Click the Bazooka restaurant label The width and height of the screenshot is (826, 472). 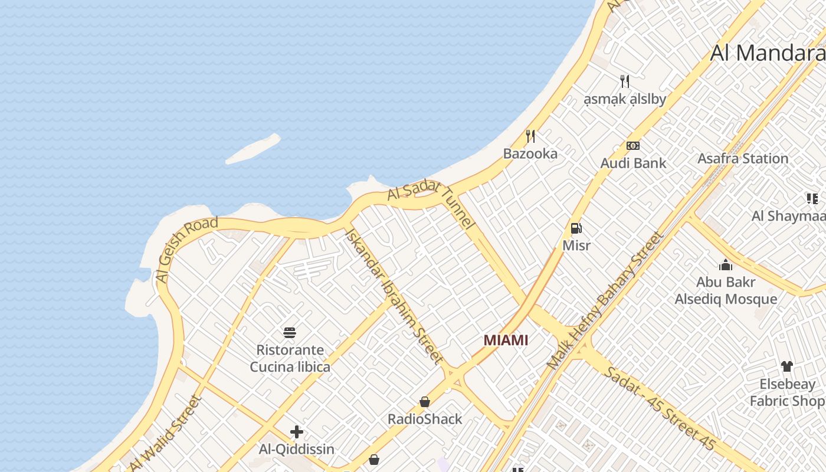pos(530,154)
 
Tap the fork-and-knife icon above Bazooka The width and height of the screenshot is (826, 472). pos(530,136)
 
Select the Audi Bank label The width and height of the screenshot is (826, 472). pos(633,163)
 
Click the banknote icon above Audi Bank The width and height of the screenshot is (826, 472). pos(633,146)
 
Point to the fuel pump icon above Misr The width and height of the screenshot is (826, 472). pos(576,228)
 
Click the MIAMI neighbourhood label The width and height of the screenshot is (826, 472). pos(506,340)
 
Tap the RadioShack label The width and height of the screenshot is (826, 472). pos(425,419)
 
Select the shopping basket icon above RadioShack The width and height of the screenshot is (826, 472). pos(425,402)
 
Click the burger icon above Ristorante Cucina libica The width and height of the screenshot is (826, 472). pos(289,333)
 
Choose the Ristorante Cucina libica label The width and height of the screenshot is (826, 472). pos(290,359)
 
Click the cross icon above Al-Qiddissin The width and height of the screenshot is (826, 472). pos(297,432)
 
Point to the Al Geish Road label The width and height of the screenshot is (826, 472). pos(186,249)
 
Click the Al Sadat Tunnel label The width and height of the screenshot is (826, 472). pos(431,203)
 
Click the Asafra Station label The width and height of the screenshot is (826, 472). pos(743,159)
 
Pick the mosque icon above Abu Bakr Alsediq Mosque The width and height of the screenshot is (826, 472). pos(726,265)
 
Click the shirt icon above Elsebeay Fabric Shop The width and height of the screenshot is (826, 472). pos(786,366)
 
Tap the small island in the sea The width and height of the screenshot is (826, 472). pos(253,149)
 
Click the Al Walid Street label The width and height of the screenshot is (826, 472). pos(165,434)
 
